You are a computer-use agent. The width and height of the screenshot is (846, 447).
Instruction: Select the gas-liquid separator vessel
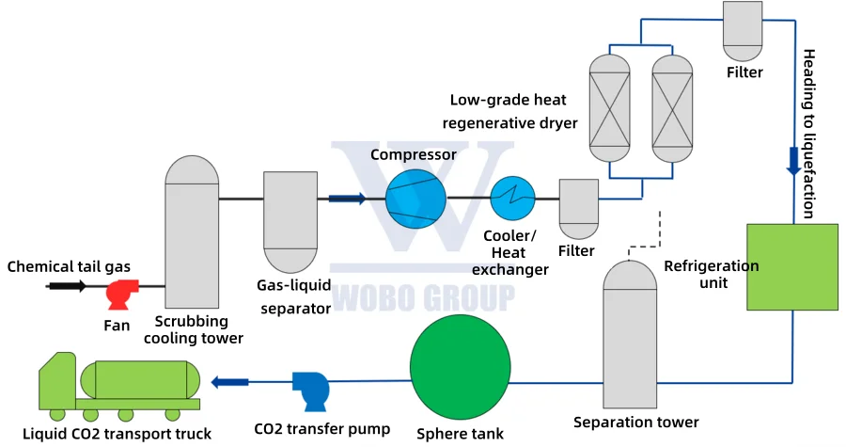tap(290, 221)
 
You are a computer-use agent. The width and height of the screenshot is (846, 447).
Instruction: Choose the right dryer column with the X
tap(674, 106)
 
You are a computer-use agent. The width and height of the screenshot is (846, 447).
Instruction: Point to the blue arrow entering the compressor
tap(347, 199)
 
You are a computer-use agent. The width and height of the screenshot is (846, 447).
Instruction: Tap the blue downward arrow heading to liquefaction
tap(793, 161)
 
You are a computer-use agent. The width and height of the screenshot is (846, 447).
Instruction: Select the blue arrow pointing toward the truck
tap(230, 381)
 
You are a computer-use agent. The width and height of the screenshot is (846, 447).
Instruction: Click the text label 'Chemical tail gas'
tap(69, 266)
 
